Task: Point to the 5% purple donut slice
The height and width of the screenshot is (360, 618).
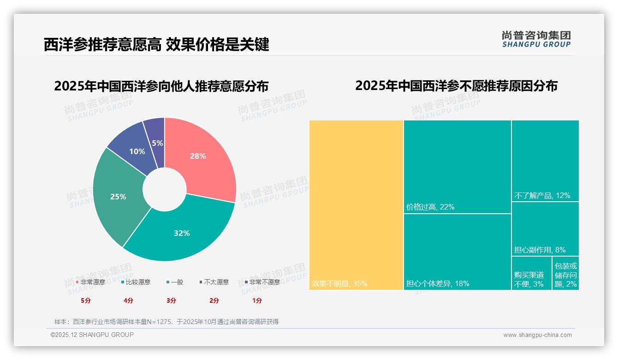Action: [156, 136]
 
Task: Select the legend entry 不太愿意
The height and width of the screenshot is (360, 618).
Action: [216, 282]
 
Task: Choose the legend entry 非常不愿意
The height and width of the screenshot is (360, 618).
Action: [264, 282]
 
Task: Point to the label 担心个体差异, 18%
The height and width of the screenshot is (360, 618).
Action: [438, 284]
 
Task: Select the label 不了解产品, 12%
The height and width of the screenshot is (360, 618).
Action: [542, 196]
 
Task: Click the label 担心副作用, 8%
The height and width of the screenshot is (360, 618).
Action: [540, 250]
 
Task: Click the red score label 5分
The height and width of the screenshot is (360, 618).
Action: [86, 300]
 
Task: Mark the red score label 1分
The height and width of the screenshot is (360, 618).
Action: [257, 300]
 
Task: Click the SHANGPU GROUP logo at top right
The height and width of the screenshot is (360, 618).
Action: [536, 39]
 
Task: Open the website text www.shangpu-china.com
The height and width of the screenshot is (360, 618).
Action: [537, 335]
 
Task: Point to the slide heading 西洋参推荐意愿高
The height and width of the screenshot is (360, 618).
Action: [102, 45]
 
